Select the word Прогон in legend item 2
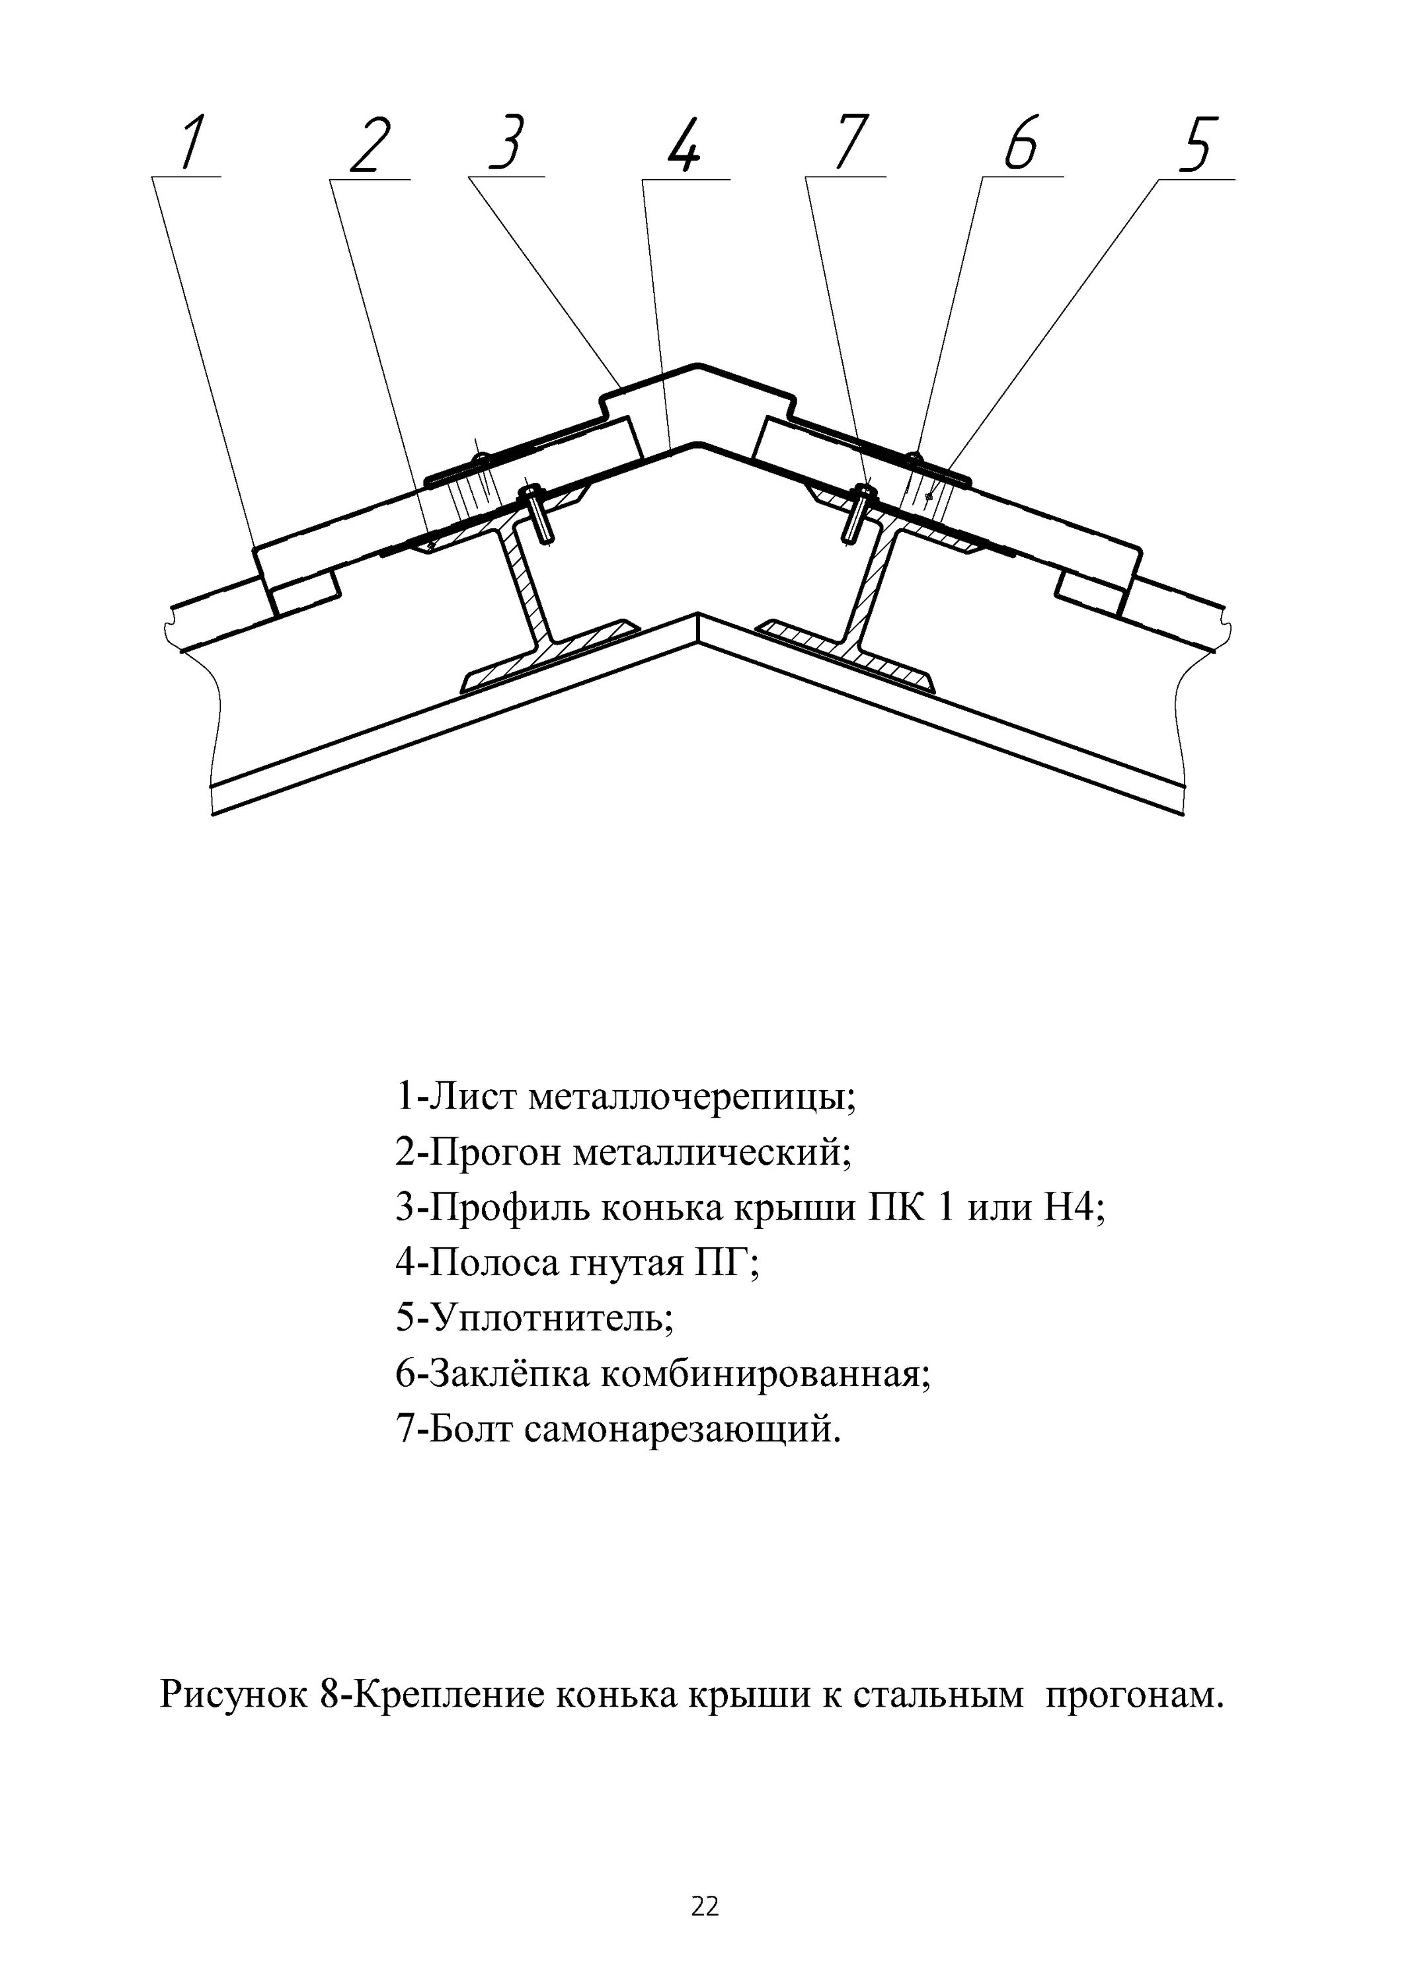click(x=498, y=1155)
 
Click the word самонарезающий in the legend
click(x=682, y=1429)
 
